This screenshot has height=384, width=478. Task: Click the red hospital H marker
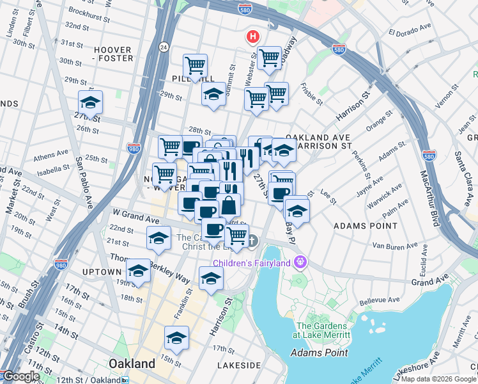click(254, 37)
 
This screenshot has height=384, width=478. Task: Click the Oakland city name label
click(132, 364)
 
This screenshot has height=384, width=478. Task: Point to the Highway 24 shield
click(164, 47)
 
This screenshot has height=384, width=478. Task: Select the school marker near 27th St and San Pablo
click(91, 103)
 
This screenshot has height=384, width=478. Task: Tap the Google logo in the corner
click(20, 376)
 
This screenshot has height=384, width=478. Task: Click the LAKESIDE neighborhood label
click(238, 365)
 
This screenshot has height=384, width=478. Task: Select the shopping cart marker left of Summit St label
click(195, 65)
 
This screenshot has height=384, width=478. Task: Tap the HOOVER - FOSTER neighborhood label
click(113, 54)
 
